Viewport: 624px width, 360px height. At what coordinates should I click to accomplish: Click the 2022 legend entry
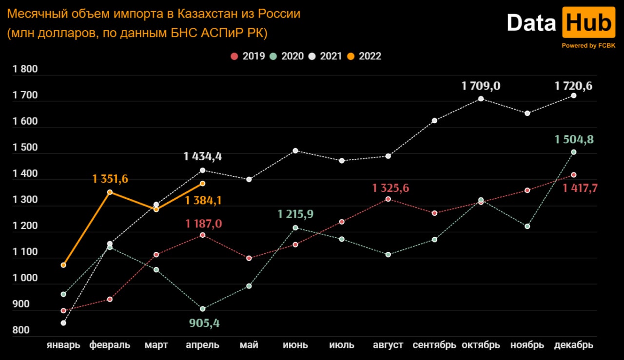364,56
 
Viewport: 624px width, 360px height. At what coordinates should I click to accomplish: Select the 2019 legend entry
248,56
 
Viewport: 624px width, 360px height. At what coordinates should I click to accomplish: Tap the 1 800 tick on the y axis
25,69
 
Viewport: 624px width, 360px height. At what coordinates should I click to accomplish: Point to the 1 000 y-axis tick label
25,278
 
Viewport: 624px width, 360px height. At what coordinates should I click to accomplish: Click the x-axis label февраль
110,345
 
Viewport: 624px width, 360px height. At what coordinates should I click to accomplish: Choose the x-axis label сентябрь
434,345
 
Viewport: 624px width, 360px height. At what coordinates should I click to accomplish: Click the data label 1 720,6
574,86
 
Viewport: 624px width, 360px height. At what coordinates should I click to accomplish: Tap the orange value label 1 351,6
110,179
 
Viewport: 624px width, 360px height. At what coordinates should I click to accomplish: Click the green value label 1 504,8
574,140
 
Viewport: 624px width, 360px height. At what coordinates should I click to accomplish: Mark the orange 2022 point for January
63,265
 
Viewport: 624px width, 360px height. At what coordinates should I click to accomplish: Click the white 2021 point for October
481,99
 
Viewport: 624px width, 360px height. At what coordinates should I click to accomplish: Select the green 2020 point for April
203,309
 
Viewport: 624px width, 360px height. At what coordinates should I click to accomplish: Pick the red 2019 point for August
388,199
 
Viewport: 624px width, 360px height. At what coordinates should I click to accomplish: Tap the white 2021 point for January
63,323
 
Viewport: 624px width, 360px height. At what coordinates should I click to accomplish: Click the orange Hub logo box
588,22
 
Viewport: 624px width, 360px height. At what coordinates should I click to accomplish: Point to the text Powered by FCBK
588,45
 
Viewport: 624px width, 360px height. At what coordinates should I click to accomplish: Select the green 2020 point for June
295,227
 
